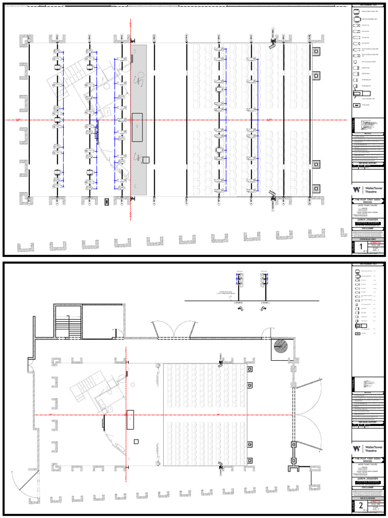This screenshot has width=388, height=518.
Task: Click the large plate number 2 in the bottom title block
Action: click(x=362, y=506)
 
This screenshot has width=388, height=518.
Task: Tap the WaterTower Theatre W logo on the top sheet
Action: click(x=357, y=190)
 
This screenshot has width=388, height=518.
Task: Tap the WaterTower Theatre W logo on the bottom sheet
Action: click(x=357, y=449)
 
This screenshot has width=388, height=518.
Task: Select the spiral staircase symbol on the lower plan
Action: click(x=279, y=347)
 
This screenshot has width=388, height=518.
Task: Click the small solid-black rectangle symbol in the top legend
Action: click(x=357, y=105)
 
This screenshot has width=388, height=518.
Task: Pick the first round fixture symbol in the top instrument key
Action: click(x=356, y=11)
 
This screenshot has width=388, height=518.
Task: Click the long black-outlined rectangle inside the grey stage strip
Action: click(x=137, y=127)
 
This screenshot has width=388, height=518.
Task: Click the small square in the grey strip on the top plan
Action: click(x=146, y=160)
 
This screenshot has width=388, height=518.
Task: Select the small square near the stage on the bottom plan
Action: click(x=136, y=442)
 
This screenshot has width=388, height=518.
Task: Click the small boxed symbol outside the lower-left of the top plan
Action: click(x=107, y=201)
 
